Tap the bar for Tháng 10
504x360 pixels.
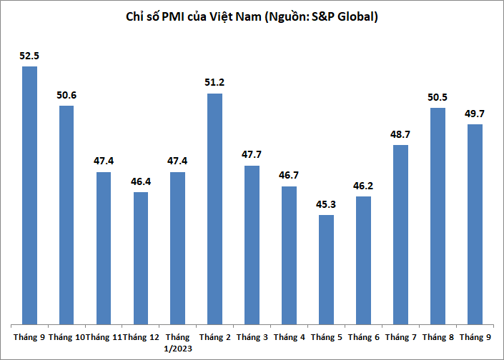click(66, 214)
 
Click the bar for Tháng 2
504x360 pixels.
click(214, 208)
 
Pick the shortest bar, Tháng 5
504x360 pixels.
click(326, 269)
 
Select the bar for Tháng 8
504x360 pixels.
click(438, 215)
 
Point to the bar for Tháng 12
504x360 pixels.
click(141, 257)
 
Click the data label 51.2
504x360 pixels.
click(214, 82)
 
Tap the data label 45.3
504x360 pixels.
click(326, 203)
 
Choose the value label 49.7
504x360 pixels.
click(475, 113)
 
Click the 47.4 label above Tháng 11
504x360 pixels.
click(104, 161)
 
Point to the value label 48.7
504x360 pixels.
click(400, 134)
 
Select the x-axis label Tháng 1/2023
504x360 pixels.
click(177, 341)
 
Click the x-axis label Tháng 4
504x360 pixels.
click(289, 336)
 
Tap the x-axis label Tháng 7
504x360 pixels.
click(400, 336)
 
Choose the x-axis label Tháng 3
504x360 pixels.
click(252, 336)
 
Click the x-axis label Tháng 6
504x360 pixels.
click(363, 336)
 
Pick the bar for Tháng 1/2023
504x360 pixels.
click(177, 247)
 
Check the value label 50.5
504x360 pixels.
click(438, 96)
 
